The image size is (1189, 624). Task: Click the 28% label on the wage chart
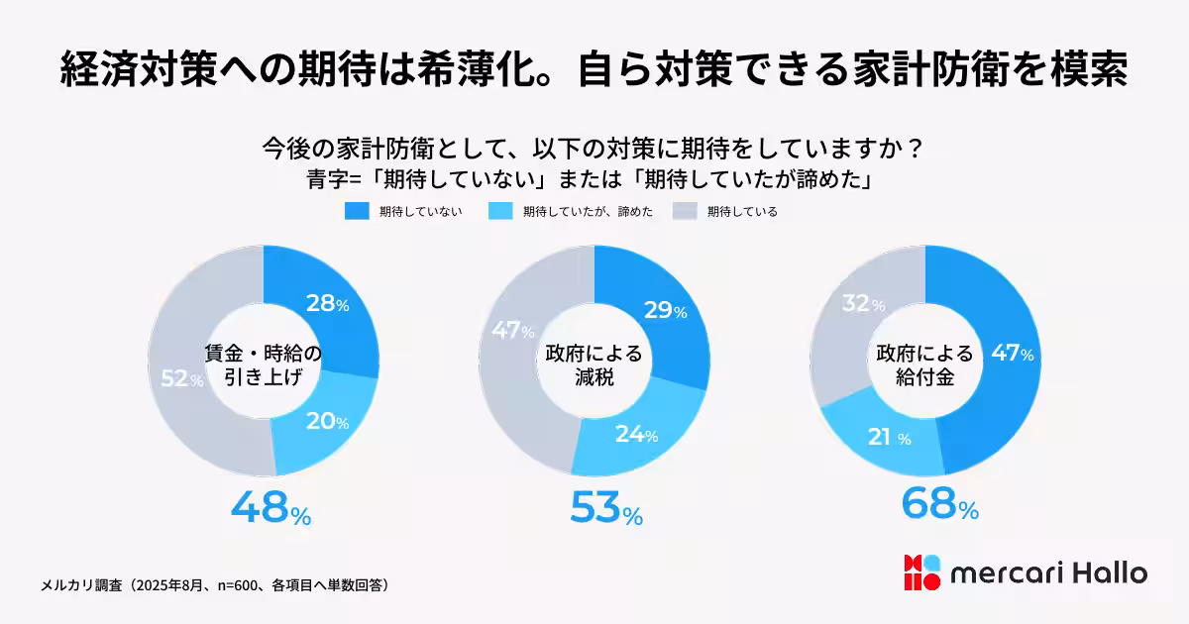(x=327, y=304)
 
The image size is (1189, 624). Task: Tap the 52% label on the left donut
(x=182, y=379)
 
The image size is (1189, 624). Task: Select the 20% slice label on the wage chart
(x=327, y=422)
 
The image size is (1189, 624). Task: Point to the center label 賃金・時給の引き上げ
(x=264, y=364)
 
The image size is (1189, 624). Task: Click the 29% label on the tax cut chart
(x=665, y=311)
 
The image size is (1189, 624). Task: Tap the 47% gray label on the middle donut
(x=513, y=331)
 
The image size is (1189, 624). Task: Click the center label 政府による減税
(x=594, y=364)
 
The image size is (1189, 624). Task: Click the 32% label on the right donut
(x=864, y=304)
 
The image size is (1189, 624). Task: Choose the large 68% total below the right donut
(x=939, y=503)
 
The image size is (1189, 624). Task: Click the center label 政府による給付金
(x=925, y=364)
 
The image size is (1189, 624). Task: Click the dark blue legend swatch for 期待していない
(x=357, y=211)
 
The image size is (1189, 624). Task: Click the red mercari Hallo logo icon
(x=920, y=572)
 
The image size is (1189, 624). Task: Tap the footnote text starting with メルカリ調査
(x=214, y=584)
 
